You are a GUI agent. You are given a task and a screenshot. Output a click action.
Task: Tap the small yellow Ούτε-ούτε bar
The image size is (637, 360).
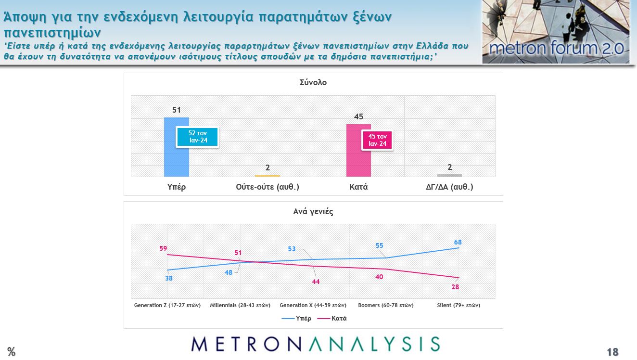[x=268, y=176]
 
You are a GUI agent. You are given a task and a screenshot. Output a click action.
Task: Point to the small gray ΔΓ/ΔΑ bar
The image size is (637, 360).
[x=449, y=175]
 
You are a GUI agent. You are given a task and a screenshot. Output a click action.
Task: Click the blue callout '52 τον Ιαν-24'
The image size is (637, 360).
[x=198, y=137]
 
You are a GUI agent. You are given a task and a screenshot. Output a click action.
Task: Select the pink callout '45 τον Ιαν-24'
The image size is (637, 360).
[x=377, y=140]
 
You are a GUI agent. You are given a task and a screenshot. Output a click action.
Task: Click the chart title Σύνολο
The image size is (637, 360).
[x=313, y=82]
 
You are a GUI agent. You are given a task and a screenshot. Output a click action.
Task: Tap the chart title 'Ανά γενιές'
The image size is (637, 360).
[x=313, y=211]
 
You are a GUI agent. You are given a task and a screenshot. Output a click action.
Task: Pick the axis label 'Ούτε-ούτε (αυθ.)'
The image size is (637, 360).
[x=268, y=187]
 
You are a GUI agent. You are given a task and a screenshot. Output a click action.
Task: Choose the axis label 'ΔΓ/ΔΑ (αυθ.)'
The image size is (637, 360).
[x=449, y=187]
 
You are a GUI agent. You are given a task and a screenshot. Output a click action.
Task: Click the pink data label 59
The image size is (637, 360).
[x=163, y=248]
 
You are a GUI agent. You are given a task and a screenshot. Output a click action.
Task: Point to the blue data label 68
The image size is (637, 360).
[x=458, y=242]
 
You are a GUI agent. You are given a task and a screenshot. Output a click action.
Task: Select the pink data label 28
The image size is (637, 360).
[x=455, y=287]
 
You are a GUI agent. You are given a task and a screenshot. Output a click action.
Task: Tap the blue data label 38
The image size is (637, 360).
[x=169, y=278]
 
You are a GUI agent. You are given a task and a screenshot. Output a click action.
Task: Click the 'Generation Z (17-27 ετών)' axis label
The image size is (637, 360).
[x=167, y=305]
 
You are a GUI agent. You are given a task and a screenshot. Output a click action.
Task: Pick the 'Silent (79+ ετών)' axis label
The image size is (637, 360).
[x=459, y=305]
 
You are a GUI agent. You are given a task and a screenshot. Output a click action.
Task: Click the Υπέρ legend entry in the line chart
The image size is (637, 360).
[x=296, y=318]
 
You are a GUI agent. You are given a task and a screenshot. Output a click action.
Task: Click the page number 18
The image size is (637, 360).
[x=612, y=352]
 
